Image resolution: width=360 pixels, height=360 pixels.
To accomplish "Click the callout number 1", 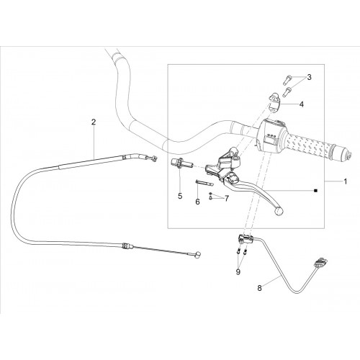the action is (346, 181).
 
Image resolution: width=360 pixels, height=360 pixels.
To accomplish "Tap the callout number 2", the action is (94, 122).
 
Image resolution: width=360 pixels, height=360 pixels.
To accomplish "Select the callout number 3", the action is (309, 77).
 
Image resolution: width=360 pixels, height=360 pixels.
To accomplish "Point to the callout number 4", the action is (302, 104).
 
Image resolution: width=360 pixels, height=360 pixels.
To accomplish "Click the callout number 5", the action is (180, 196).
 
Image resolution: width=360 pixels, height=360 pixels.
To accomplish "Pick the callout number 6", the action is (197, 202).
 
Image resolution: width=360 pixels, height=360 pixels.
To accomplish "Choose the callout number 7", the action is (227, 198).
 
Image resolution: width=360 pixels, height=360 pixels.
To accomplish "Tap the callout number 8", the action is (259, 288).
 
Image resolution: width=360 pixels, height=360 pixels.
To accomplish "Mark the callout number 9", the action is (238, 272).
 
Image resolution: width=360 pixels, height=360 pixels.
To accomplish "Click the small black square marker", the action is (316, 191).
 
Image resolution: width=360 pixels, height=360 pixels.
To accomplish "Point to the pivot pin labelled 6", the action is (205, 183).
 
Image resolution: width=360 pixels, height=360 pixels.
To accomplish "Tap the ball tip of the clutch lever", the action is (279, 211).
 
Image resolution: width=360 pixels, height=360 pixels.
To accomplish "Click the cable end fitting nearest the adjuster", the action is (153, 158).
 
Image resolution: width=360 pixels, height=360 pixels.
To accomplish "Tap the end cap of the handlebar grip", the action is (346, 156).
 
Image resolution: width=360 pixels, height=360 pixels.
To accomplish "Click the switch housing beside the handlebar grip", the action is (271, 135).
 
